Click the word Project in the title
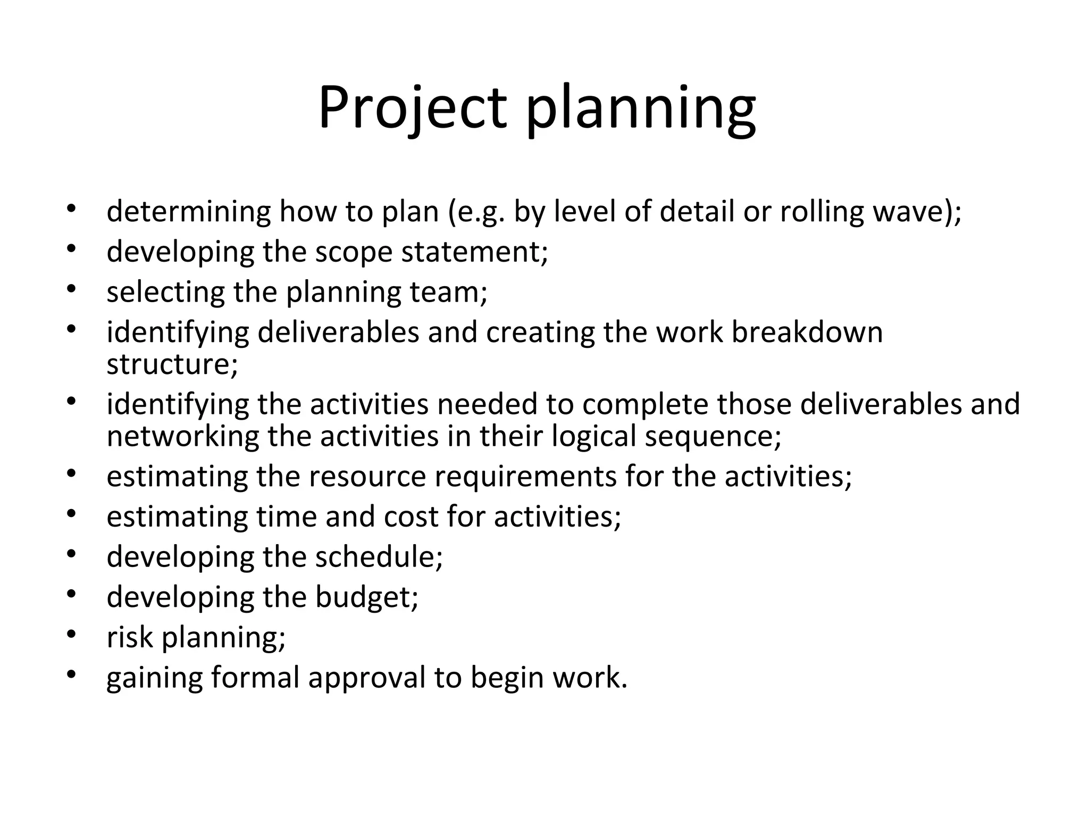point(412,109)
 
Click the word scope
point(354,252)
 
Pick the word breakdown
point(807,332)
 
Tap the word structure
point(172,364)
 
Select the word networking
point(182,436)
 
